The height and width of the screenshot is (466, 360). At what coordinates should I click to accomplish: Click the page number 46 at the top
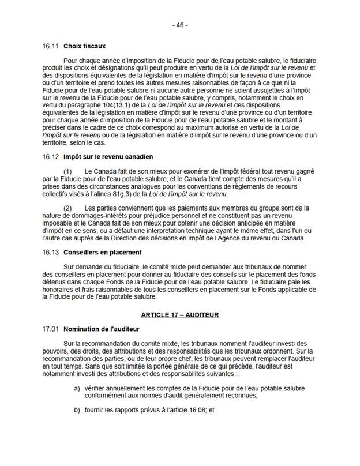[180, 25]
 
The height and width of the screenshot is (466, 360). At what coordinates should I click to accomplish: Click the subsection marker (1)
[68, 172]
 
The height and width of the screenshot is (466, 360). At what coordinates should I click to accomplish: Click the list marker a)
[77, 388]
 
